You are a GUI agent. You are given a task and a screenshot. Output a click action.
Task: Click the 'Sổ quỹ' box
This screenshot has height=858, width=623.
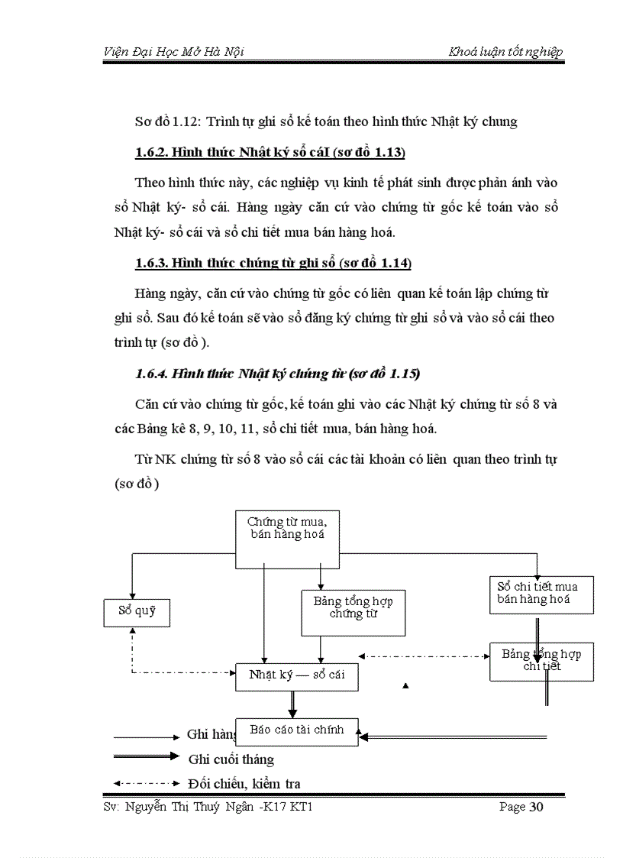pos(136,611)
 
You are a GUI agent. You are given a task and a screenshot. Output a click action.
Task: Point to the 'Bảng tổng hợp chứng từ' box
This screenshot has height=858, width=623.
pos(353,614)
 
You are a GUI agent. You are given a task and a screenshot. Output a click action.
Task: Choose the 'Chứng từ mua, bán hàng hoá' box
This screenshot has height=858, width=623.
pos(286,539)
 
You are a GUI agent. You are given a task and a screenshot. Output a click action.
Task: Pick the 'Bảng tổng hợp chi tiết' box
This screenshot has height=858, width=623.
pos(541,661)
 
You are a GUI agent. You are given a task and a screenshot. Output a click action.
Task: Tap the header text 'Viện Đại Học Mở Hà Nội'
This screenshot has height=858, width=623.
pos(173,52)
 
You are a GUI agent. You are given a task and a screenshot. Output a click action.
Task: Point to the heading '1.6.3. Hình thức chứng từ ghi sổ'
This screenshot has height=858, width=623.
pos(273,264)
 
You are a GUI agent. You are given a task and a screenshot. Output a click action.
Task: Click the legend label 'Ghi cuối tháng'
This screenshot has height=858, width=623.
pos(231,759)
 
